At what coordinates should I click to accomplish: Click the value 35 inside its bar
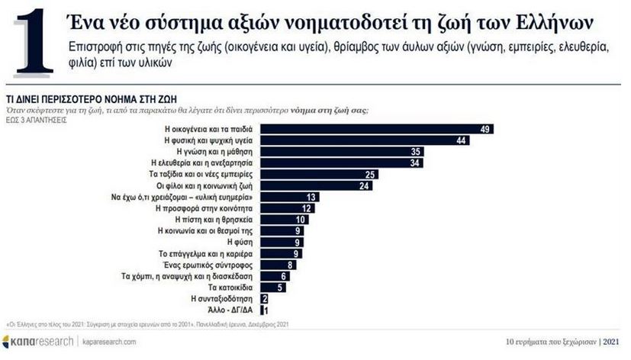(x=414, y=152)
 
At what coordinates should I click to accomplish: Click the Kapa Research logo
(x=38, y=341)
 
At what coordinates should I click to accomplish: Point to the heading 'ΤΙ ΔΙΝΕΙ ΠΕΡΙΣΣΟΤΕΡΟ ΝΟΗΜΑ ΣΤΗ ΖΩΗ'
(x=76, y=99)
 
